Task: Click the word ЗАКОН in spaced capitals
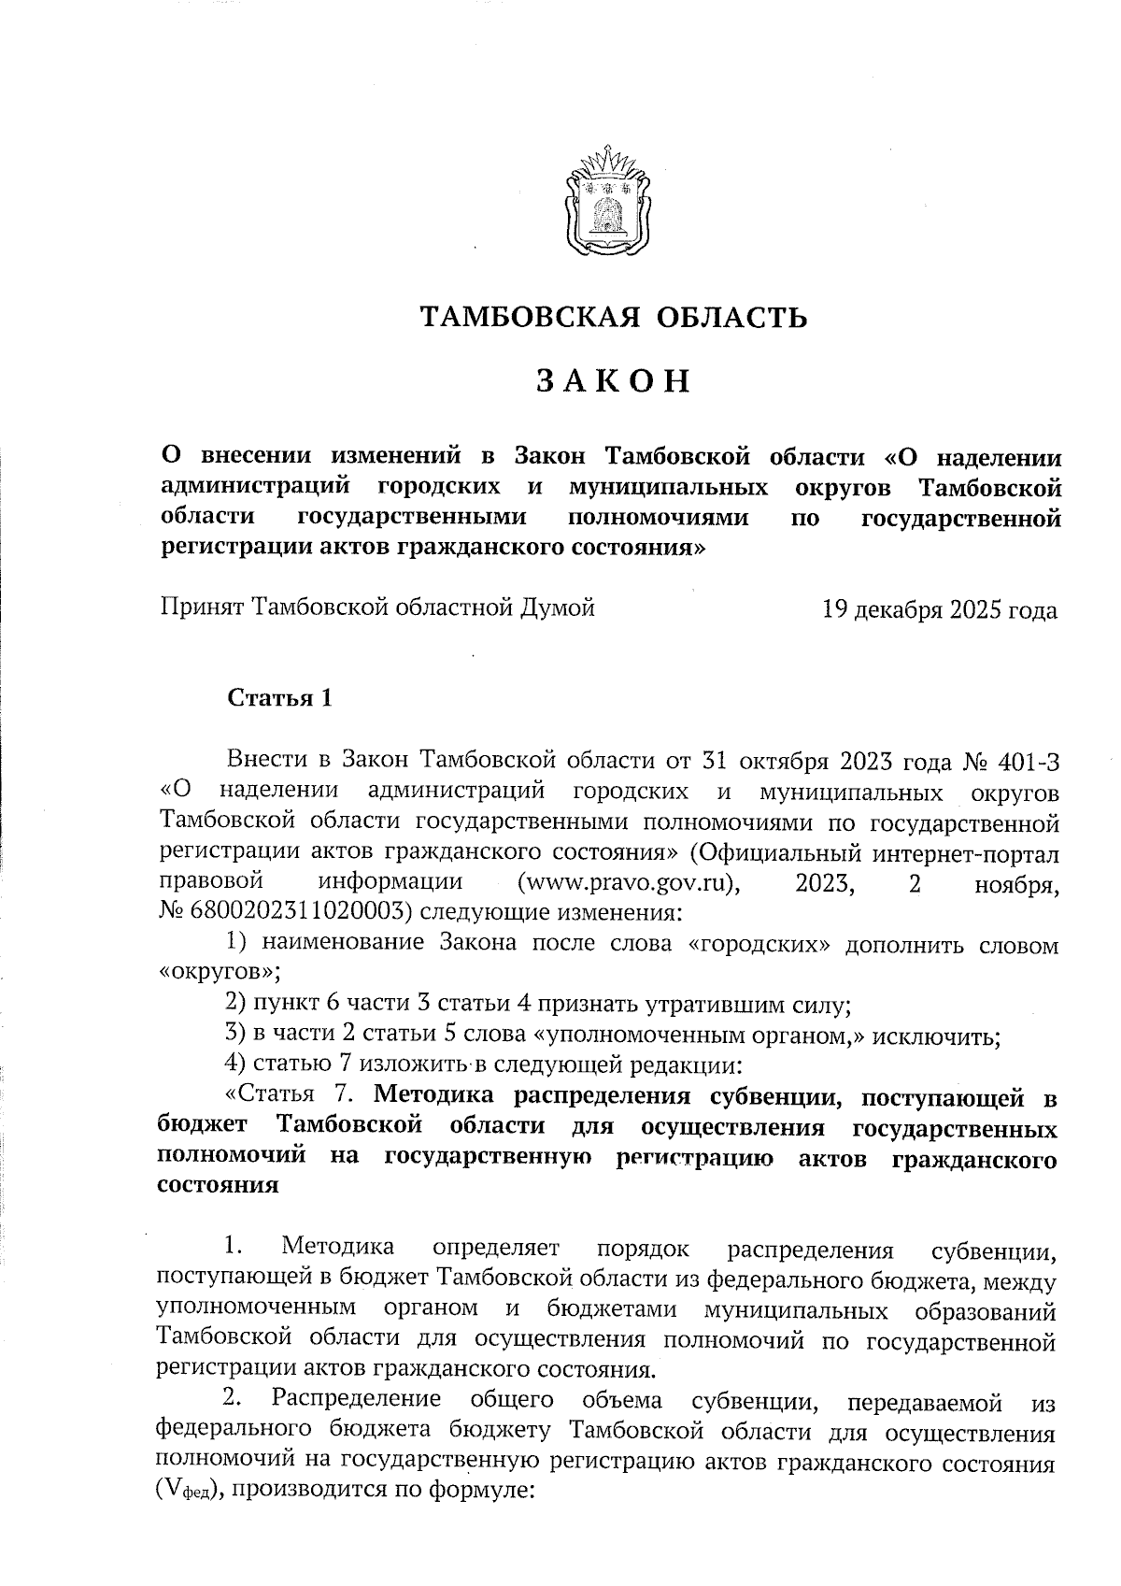613,381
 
